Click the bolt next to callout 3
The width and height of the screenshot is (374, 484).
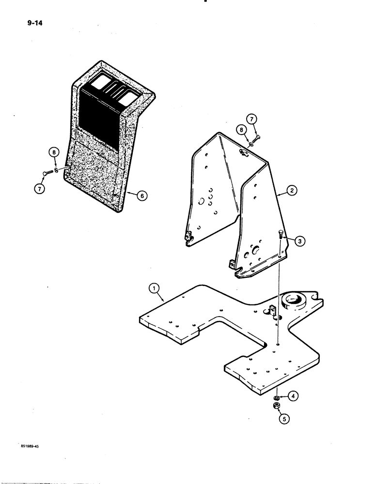click(x=280, y=241)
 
